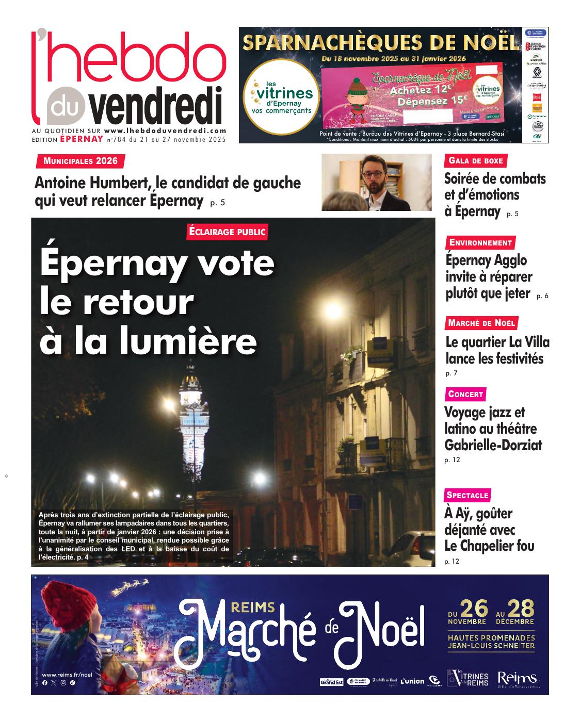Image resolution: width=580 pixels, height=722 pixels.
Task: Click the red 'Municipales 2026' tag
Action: (80, 161)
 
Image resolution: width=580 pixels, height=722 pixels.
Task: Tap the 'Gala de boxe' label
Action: (475, 161)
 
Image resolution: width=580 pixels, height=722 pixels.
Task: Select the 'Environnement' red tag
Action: (480, 243)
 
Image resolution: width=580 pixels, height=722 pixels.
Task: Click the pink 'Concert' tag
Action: (465, 395)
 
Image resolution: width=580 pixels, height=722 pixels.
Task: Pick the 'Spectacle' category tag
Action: (468, 495)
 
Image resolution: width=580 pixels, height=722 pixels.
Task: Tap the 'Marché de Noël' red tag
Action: (481, 323)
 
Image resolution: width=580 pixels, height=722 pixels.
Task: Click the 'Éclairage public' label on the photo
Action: (228, 232)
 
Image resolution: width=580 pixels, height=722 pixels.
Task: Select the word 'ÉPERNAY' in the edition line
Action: (82, 139)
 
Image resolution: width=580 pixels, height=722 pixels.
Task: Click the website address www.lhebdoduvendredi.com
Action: (165, 132)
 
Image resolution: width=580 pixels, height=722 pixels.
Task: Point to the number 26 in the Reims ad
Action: (474, 609)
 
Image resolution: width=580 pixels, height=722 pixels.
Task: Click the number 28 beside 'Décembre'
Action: (521, 609)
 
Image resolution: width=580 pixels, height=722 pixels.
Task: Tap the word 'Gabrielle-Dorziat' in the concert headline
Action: (493, 445)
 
